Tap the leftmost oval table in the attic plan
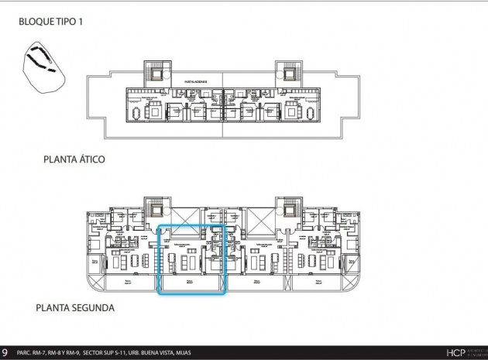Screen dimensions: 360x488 [138, 113]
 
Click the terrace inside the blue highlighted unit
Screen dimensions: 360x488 [191, 285]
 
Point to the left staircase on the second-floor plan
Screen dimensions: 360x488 [155, 211]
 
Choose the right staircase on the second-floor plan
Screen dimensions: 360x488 [290, 211]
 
